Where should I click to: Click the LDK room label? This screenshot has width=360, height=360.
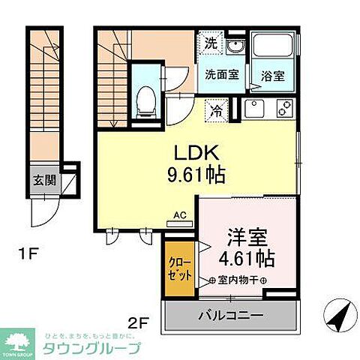(x=196, y=154)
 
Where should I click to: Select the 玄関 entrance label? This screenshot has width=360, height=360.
(x=42, y=180)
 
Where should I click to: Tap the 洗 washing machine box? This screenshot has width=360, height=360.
(x=212, y=43)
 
